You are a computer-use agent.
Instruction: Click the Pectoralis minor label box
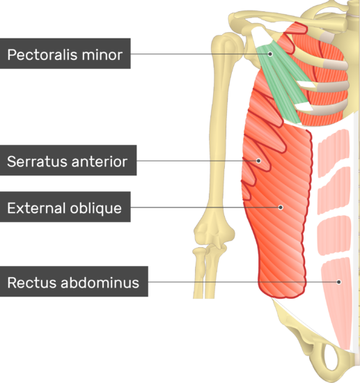click(x=65, y=54)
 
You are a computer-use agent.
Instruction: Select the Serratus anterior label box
click(x=68, y=160)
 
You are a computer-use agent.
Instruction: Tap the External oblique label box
click(x=65, y=207)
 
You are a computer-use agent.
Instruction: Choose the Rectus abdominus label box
click(x=74, y=281)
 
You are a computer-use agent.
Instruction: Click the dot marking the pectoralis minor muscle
click(x=270, y=54)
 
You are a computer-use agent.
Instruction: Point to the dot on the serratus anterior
click(x=258, y=161)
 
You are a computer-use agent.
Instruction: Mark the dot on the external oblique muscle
click(x=281, y=208)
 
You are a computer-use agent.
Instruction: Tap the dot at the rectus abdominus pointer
click(x=338, y=282)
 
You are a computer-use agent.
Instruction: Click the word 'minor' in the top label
click(x=102, y=54)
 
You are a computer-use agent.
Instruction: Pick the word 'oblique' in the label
click(x=95, y=208)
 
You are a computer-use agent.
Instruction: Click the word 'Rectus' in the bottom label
click(x=32, y=283)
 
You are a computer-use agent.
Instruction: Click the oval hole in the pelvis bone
click(x=331, y=357)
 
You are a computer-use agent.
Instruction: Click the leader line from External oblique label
click(x=205, y=208)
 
